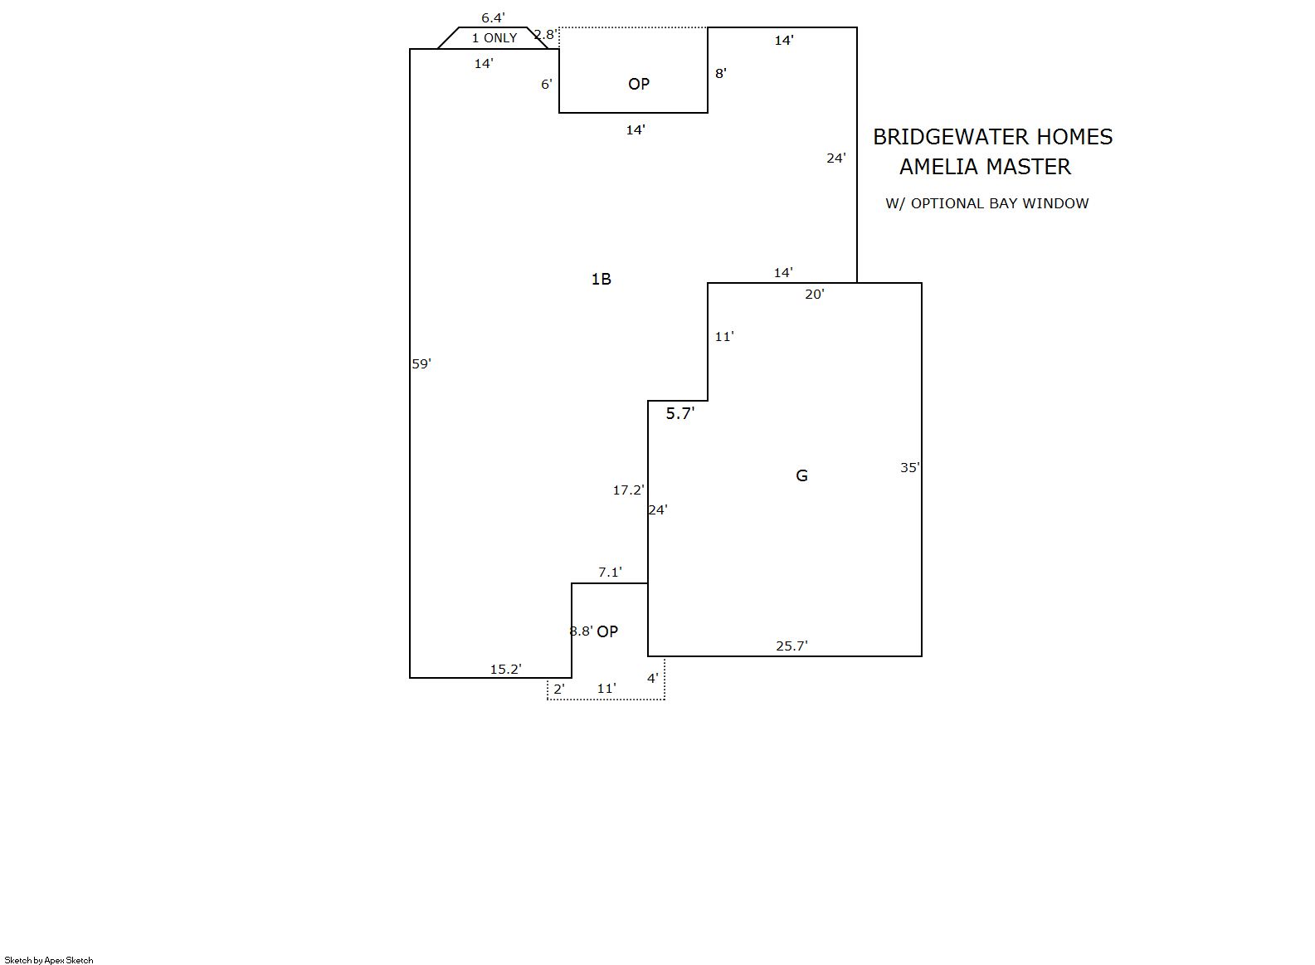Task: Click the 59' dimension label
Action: pyautogui.click(x=421, y=364)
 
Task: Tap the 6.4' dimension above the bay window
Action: pyautogui.click(x=493, y=18)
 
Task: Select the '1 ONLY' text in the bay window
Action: pyautogui.click(x=494, y=38)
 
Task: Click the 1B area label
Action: pyautogui.click(x=601, y=280)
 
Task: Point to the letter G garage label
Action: pyautogui.click(x=801, y=475)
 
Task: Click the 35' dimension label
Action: pyautogui.click(x=910, y=468)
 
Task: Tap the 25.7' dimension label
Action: pyautogui.click(x=792, y=646)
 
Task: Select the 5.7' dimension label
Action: pyautogui.click(x=679, y=414)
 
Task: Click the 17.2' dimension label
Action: pyautogui.click(x=629, y=490)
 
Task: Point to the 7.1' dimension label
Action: pyautogui.click(x=610, y=573)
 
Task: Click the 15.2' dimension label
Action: pyautogui.click(x=506, y=669)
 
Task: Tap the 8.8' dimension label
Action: pyautogui.click(x=582, y=631)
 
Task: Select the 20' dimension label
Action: pyautogui.click(x=815, y=294)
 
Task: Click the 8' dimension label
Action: pyautogui.click(x=721, y=73)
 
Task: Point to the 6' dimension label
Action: pyautogui.click(x=547, y=85)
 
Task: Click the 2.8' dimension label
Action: pyautogui.click(x=545, y=35)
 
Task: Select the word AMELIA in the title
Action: pyautogui.click(x=934, y=168)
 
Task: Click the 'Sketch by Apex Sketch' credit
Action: pyautogui.click(x=49, y=960)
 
